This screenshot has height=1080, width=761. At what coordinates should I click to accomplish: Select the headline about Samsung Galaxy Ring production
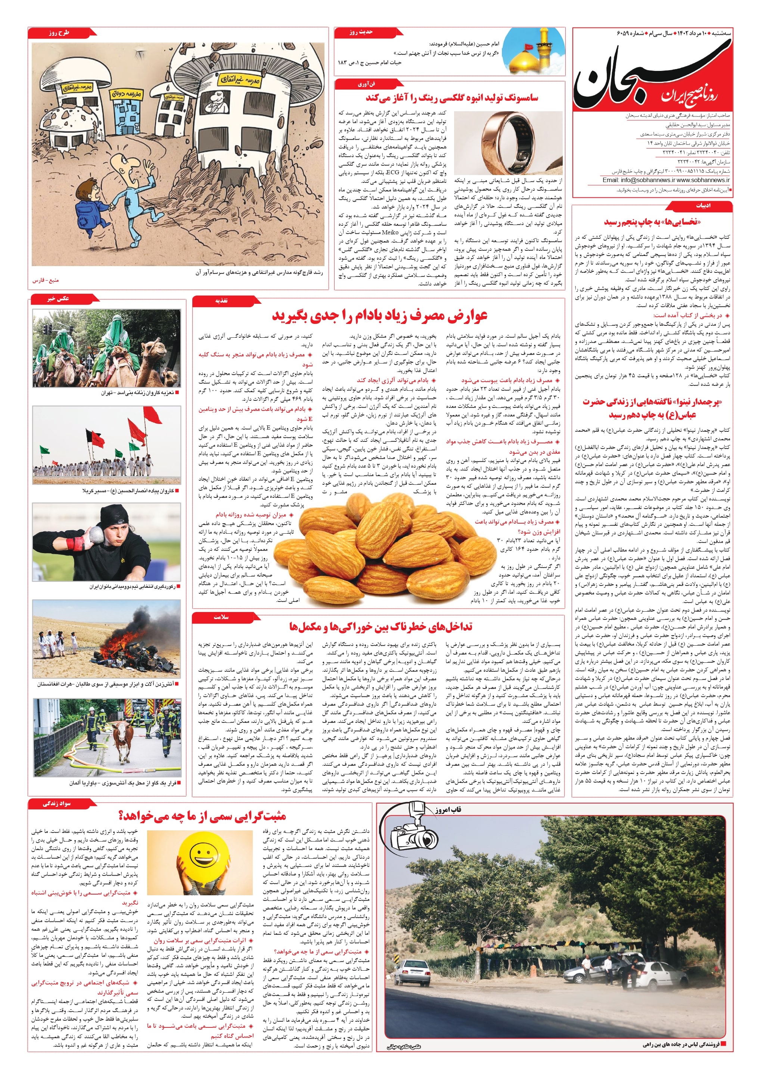[x=452, y=98]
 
